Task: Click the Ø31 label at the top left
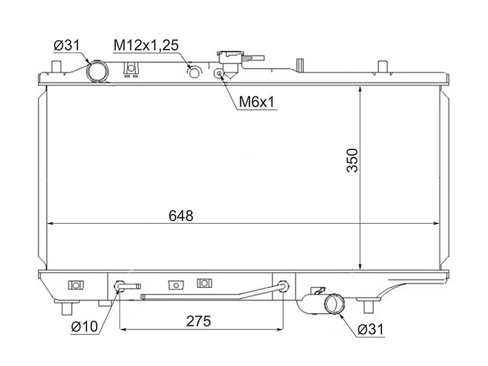[66, 46]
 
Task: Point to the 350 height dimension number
[353, 160]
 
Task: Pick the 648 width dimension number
[181, 216]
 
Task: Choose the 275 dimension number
[199, 321]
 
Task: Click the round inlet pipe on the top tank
[98, 72]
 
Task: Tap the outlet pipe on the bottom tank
[333, 303]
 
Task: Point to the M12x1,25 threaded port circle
[194, 73]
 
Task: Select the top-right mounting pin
[382, 66]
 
